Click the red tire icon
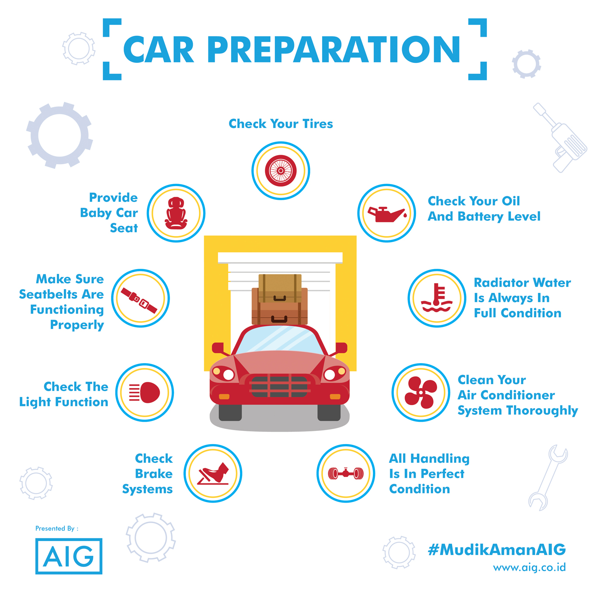[x=281, y=171]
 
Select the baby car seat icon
[x=176, y=213]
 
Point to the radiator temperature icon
[x=437, y=298]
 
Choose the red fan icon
[x=421, y=392]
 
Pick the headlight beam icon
[x=144, y=392]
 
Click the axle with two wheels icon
[x=346, y=473]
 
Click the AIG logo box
[x=69, y=556]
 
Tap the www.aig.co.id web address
[x=529, y=568]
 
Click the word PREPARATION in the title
[x=333, y=49]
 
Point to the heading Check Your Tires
[x=281, y=124]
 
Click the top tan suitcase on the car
[x=280, y=288]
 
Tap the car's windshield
[x=280, y=340]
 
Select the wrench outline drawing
[x=548, y=478]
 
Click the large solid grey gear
[x=59, y=135]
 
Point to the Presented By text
[x=57, y=528]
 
